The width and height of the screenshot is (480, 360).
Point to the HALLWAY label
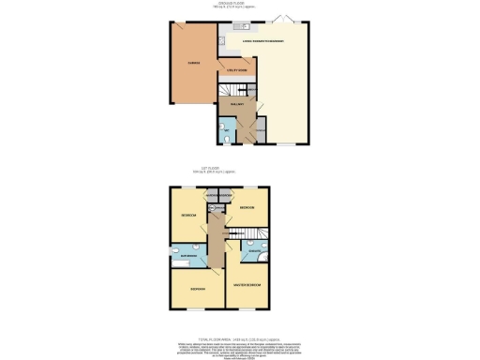236,106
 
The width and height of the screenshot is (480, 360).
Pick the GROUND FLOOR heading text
240,3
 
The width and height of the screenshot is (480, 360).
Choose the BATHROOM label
188,256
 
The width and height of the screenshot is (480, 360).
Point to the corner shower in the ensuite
264,258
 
